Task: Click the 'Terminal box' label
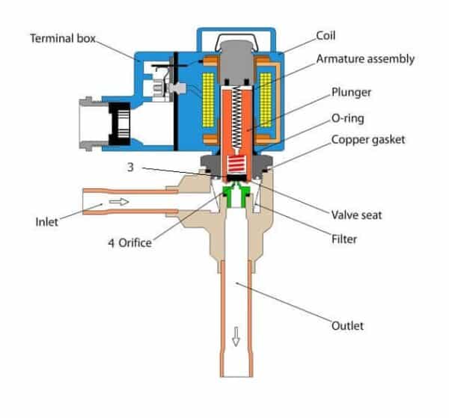(63, 38)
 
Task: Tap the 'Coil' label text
(326, 36)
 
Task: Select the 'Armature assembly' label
(365, 59)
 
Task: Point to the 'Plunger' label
(351, 92)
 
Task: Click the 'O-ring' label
(348, 118)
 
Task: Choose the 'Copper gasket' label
(368, 140)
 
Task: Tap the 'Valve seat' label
(356, 215)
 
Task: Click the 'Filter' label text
(344, 239)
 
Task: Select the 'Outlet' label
(347, 325)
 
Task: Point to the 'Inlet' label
(46, 222)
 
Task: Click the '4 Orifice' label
(129, 242)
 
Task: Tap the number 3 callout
(130, 167)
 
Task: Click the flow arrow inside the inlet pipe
(119, 202)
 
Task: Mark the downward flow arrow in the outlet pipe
(236, 336)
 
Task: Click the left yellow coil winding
(208, 99)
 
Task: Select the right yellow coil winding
(265, 99)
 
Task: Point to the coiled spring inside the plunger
(236, 117)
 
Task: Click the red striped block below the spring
(236, 165)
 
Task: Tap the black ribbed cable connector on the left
(120, 123)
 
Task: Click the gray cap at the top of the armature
(236, 61)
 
